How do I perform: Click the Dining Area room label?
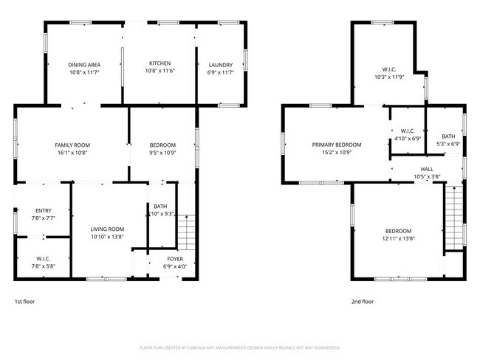click(84, 64)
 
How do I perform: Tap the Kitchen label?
click(160, 63)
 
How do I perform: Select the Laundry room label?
click(221, 64)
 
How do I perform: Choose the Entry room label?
click(41, 210)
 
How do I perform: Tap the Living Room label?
click(107, 229)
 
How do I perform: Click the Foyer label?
click(174, 258)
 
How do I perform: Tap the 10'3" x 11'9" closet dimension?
click(388, 77)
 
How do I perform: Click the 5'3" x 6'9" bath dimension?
click(448, 144)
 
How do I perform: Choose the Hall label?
click(428, 169)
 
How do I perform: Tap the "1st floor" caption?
click(24, 301)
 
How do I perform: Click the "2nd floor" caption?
click(363, 301)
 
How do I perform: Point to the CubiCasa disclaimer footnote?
click(239, 347)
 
